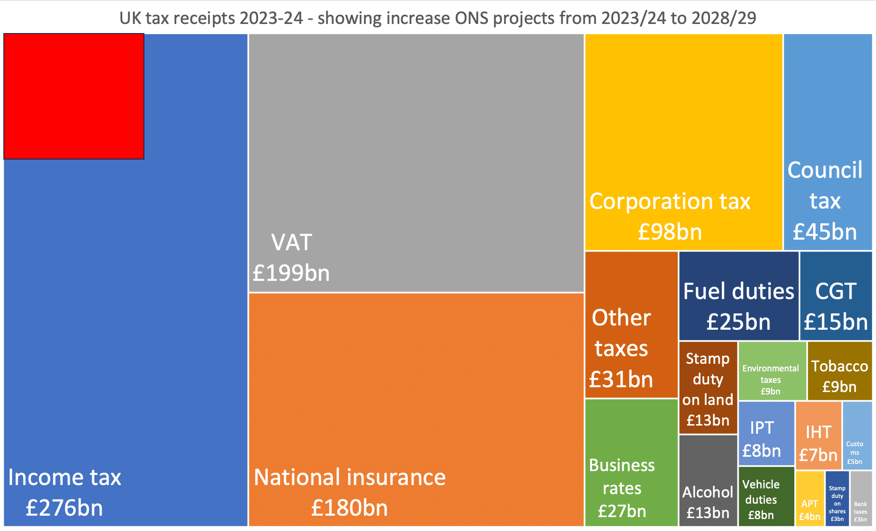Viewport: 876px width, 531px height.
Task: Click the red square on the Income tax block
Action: pos(74,96)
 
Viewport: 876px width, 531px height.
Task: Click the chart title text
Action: pos(438,18)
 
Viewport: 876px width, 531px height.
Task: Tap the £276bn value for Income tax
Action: pos(64,508)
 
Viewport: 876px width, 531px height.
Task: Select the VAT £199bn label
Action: pos(291,258)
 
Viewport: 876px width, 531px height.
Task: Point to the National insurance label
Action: pos(350,477)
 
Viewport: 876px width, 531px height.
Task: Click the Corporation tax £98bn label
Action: pos(670,216)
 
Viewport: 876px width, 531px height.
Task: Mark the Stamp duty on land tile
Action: pos(708,388)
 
